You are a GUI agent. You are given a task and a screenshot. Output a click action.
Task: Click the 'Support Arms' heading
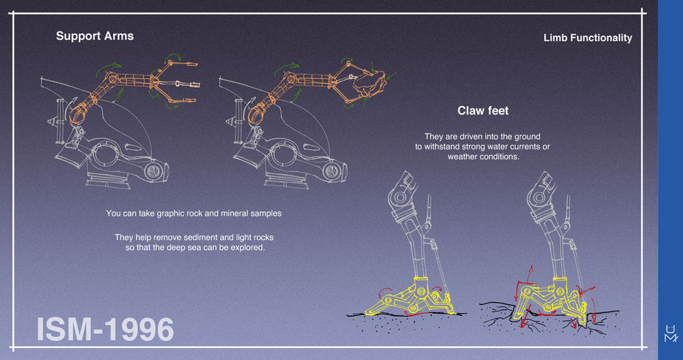(x=95, y=36)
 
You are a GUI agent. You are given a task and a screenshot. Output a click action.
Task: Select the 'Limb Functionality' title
(x=588, y=38)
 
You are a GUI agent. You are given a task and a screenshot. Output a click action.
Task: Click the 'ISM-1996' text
(x=105, y=329)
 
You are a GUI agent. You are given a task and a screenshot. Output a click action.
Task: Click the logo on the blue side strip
(x=670, y=333)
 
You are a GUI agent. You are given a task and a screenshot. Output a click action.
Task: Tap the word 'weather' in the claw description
(x=462, y=157)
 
